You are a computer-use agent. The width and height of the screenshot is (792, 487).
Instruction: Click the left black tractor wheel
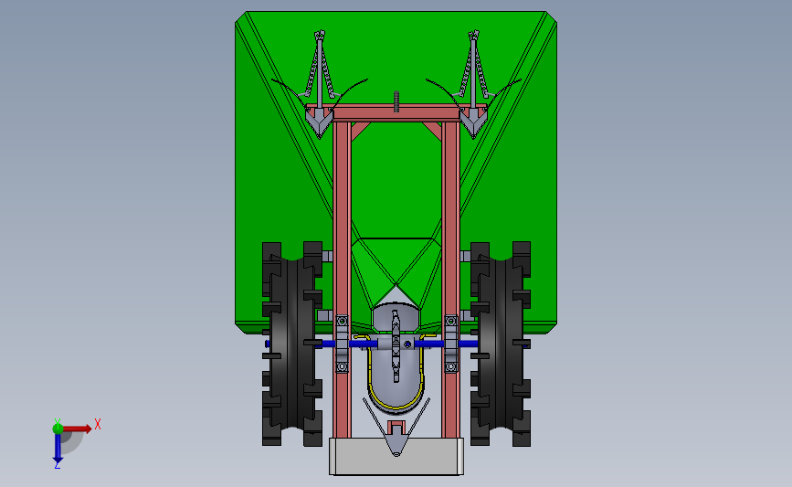pos(292,344)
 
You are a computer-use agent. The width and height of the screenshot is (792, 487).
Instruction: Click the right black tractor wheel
pos(501,344)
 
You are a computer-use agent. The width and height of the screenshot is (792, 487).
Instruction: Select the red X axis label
pos(98,424)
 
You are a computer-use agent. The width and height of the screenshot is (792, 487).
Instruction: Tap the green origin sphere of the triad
pos(58,429)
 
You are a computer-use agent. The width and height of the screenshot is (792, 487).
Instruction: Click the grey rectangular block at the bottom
pos(396,456)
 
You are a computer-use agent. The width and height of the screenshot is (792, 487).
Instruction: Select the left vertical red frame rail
pos(342,279)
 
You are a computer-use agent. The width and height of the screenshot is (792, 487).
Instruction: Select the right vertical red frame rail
pos(450,279)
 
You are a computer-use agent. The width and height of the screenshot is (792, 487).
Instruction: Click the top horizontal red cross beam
pos(396,112)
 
